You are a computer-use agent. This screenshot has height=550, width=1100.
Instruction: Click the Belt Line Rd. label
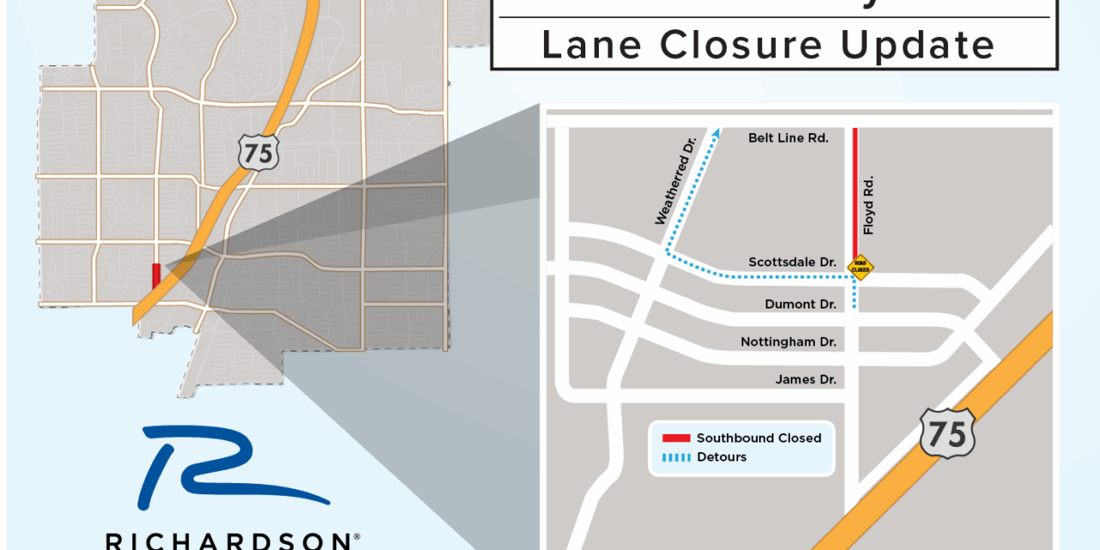coord(788,137)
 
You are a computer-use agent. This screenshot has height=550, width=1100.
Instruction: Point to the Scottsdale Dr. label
coord(792,261)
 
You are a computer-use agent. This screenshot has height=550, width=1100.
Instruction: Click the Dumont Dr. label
coord(801,304)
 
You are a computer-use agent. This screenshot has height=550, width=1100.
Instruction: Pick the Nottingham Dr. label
coord(788,342)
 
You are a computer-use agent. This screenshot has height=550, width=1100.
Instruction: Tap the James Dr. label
coord(805,380)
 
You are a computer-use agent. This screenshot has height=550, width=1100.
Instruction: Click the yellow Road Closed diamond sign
coord(859,267)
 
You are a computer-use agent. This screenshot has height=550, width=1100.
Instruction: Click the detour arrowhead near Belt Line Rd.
coord(713,133)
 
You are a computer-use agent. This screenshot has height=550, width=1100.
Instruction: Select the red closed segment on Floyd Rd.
coord(855,193)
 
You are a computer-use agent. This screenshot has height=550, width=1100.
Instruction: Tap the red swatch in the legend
coord(676,438)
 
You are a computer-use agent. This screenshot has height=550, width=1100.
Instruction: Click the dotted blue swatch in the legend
coord(676,457)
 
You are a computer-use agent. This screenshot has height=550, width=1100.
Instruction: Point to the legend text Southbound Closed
coord(759,438)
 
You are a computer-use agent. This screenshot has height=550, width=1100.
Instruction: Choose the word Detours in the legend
coord(722,457)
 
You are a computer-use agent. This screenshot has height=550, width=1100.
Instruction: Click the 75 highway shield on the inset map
coord(948,433)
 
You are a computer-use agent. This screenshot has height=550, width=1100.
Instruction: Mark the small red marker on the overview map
coord(156,276)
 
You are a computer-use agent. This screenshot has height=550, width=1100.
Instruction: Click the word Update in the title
coord(917,45)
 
